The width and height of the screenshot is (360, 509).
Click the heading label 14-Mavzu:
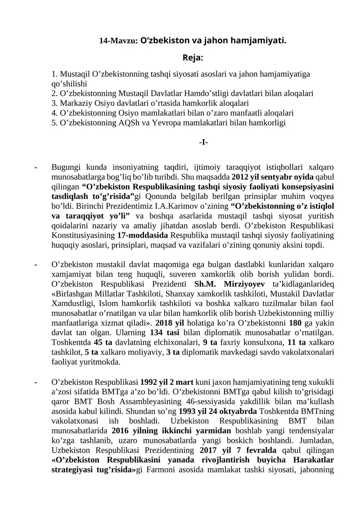118,41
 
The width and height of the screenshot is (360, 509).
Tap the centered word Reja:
193,58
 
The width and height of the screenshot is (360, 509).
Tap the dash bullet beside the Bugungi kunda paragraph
36,167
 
